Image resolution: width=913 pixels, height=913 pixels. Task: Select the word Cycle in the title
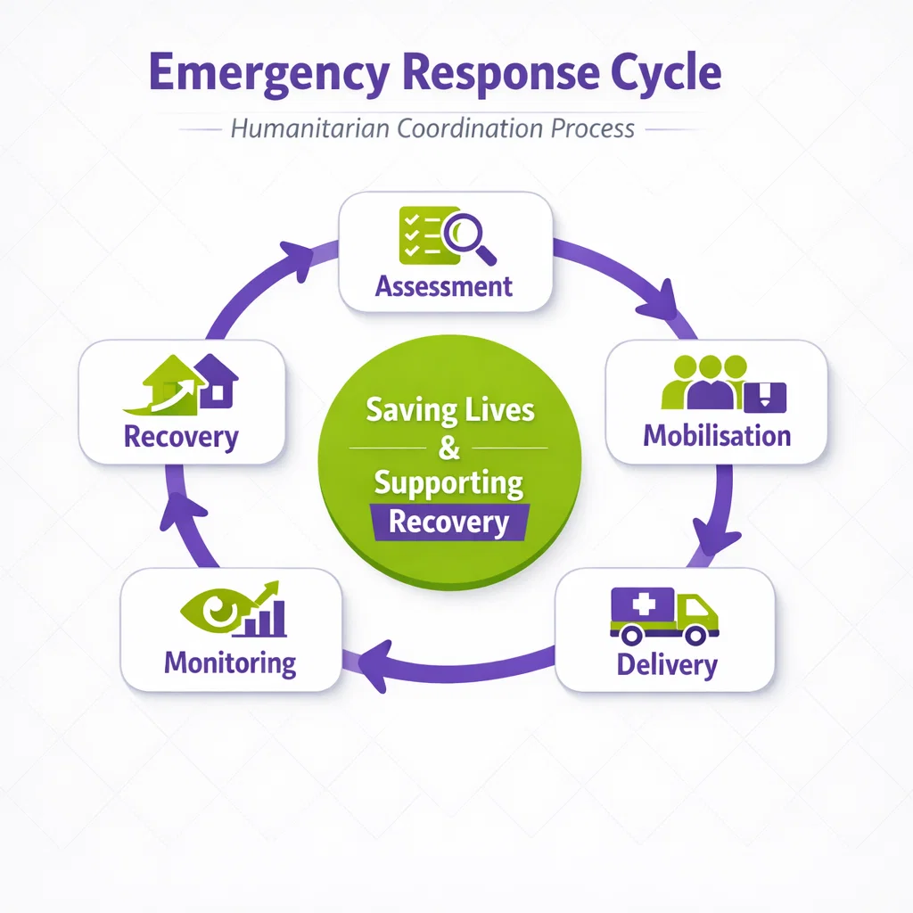665,73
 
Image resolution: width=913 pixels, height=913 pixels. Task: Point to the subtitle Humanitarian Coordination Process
432,128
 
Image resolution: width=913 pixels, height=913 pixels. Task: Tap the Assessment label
444,286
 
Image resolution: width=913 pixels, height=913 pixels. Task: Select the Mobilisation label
717,435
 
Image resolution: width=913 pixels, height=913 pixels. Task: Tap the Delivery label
667,664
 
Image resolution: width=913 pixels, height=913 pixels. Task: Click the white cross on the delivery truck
642,605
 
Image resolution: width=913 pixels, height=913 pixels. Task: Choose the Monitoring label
230,662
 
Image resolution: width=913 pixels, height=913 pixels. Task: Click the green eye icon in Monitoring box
215,611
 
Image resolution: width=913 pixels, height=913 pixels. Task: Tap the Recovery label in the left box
181,438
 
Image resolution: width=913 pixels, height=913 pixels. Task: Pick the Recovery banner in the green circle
449,522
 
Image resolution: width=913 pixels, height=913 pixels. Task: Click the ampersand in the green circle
449,448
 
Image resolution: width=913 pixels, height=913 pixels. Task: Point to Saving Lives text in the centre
449,410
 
